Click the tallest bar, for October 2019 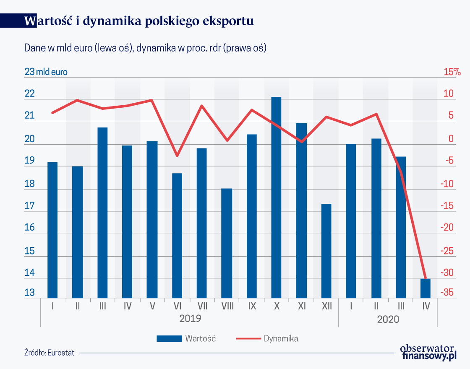276,197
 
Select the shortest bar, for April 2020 426,288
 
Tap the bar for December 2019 326,251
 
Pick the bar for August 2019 227,243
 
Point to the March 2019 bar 102,213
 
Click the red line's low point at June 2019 177,156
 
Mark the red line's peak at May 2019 151,100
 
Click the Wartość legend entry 187,338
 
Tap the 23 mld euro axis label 46,72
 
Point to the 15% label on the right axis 452,72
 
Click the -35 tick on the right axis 446,293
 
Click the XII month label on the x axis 326,307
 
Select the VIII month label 227,307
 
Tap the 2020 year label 388,320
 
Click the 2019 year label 190,318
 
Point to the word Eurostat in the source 61,353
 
